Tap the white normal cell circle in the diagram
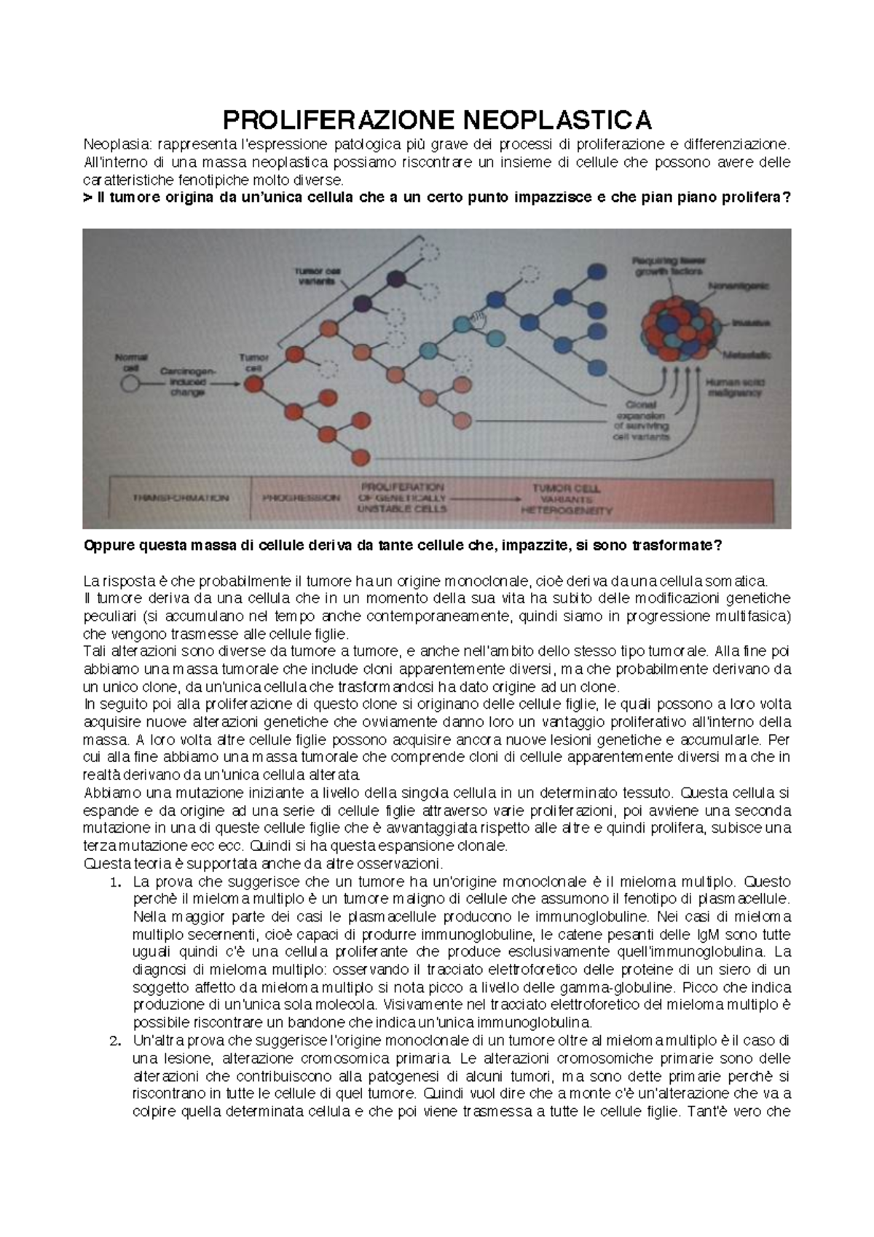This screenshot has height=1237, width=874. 131,385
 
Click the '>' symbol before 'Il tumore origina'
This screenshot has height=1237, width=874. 88,197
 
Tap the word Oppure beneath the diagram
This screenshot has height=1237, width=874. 111,546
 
